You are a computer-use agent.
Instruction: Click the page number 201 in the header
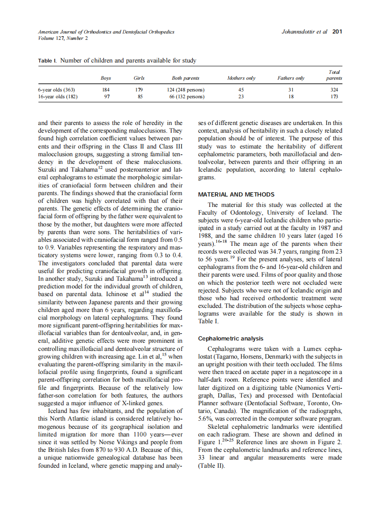pos(337,32)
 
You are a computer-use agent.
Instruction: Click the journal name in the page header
pos(106,32)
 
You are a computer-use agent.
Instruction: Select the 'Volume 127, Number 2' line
pos(63,38)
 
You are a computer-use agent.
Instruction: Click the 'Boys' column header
pos(106,78)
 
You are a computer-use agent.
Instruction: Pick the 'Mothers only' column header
pos(241,78)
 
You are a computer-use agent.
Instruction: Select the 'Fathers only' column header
pos(291,78)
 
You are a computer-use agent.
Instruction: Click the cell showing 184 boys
pos(106,90)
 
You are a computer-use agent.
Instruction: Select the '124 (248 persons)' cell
pos(186,90)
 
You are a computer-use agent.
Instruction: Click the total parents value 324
pos(334,90)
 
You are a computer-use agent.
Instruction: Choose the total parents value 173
pos(334,96)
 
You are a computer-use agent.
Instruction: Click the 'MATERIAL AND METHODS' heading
pos(236,195)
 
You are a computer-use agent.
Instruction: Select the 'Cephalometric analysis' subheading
pos(231,338)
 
